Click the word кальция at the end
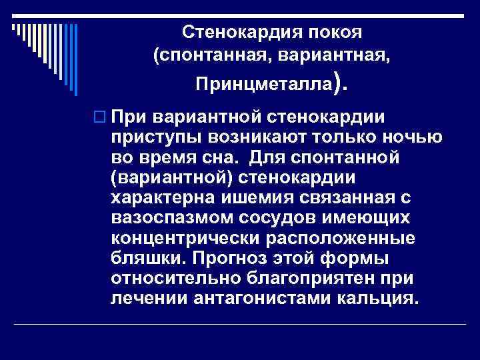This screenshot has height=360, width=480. [379, 299]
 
